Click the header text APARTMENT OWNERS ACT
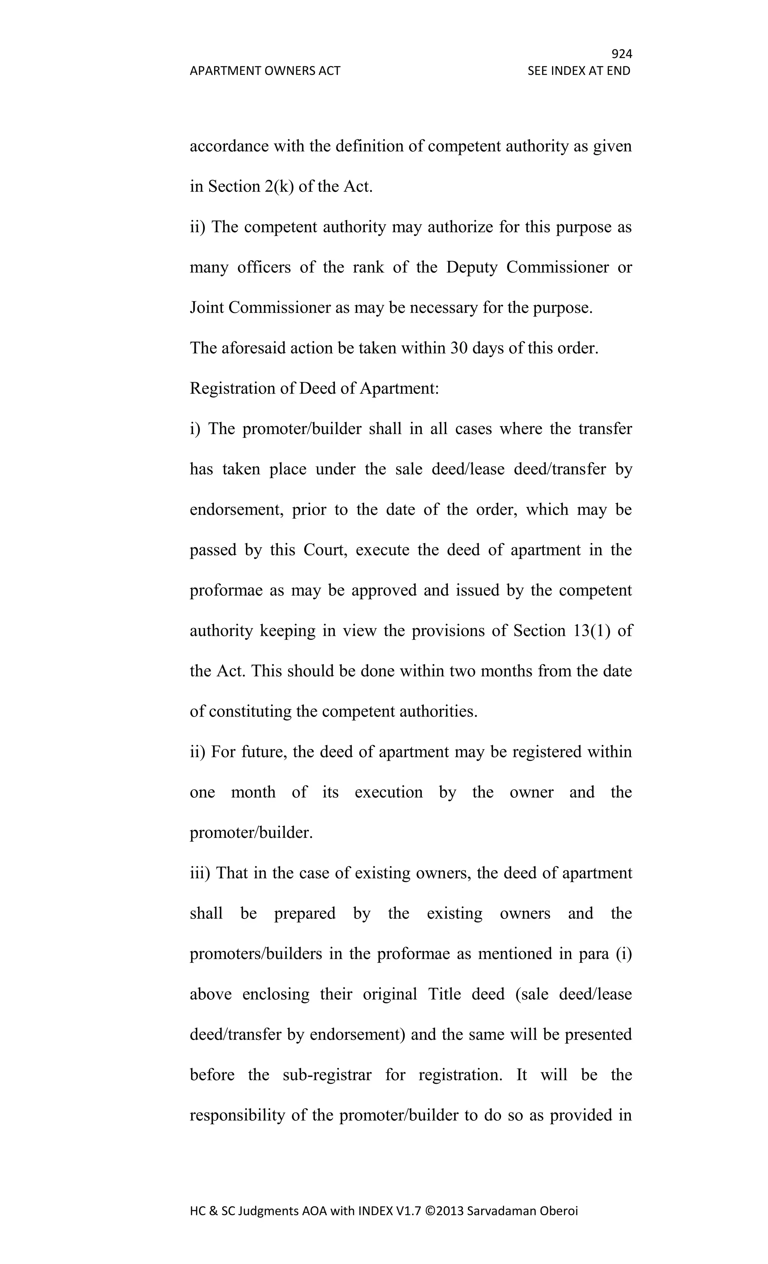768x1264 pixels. coord(265,71)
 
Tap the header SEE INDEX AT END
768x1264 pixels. coord(579,71)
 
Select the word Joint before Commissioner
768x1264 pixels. coord(207,308)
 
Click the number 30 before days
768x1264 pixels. coord(459,348)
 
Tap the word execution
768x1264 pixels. coord(388,793)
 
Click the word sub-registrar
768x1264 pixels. coord(327,1075)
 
